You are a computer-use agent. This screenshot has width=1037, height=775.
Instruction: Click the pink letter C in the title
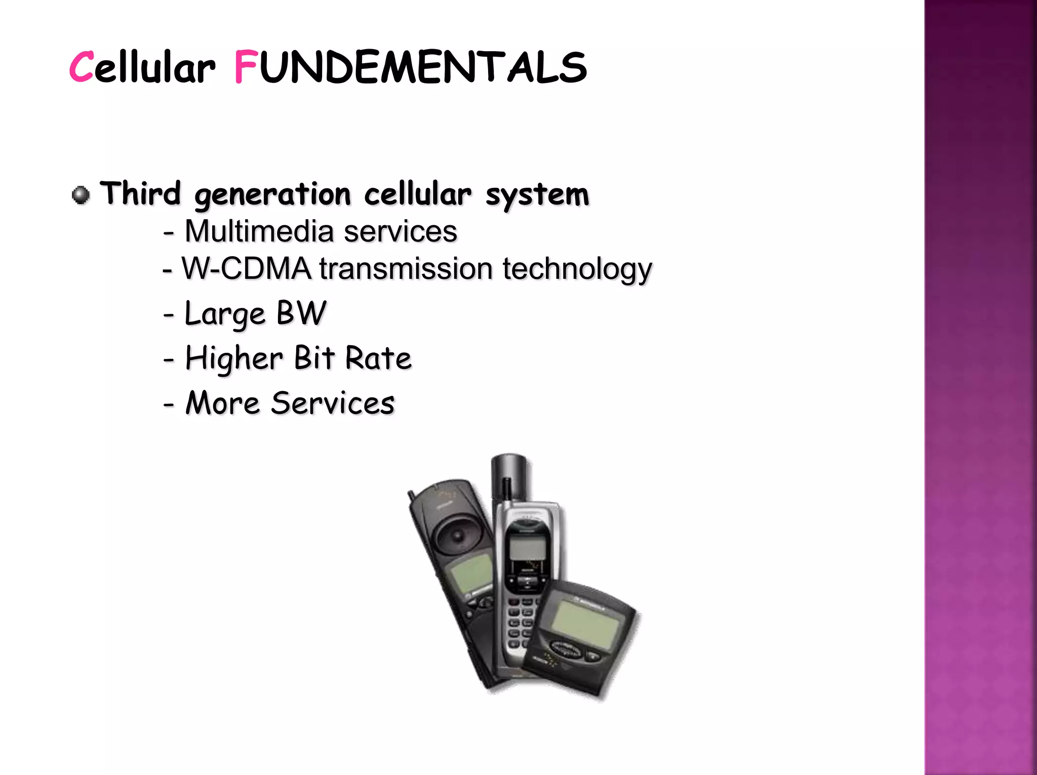pos(81,67)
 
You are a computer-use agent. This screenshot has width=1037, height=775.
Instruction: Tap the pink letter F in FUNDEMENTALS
pos(246,67)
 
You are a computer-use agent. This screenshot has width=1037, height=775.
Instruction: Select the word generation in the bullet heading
pos(272,195)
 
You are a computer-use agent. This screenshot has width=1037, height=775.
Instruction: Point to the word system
pos(537,195)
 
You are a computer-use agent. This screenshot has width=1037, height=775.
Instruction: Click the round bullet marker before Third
pos(81,194)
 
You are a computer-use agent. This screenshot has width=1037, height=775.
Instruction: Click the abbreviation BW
pos(301,313)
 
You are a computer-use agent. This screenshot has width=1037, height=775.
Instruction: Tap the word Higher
pos(234,358)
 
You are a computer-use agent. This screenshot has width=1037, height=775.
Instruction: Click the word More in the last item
pos(223,403)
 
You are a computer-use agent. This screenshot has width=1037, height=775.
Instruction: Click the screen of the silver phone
pos(527,549)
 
